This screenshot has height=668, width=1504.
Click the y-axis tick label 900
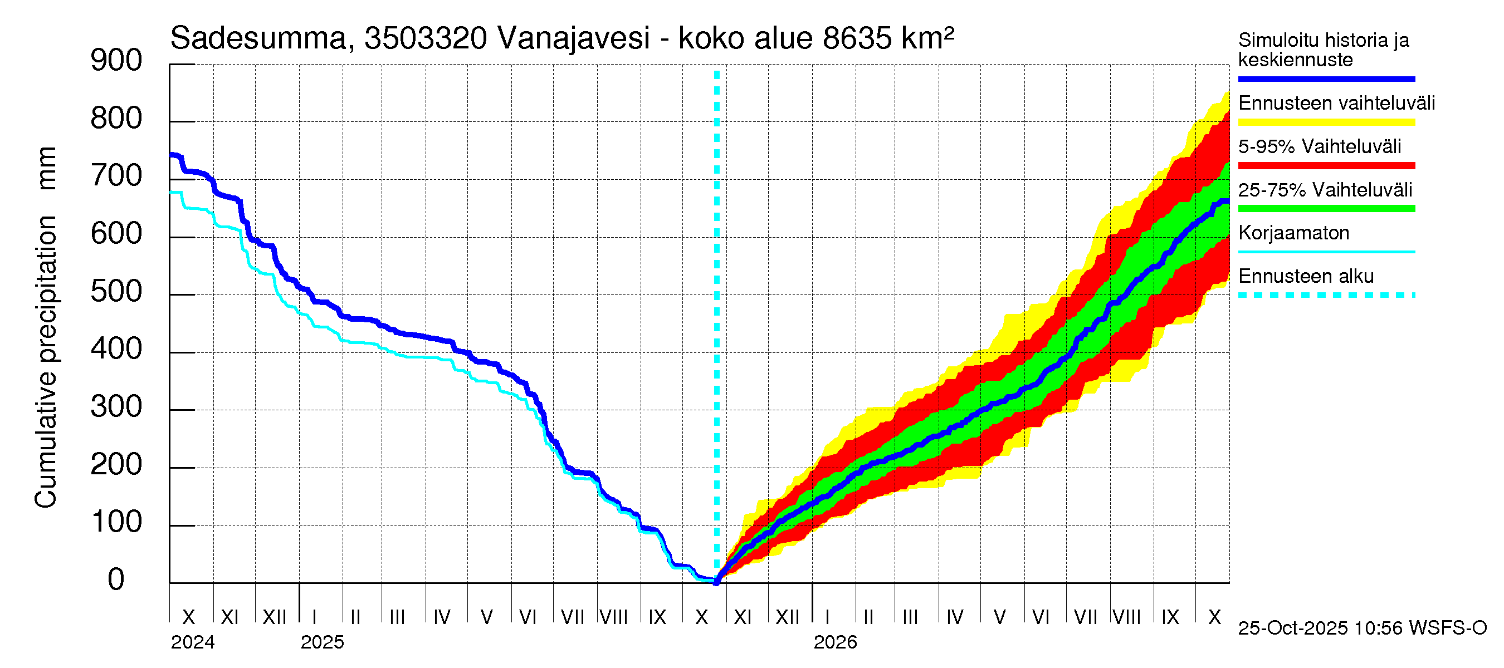(x=116, y=61)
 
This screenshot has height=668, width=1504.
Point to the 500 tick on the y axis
(x=116, y=292)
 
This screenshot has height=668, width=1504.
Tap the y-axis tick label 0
(x=116, y=580)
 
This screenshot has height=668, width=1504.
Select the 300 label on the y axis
(x=116, y=407)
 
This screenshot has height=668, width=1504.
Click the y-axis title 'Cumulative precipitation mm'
(x=46, y=327)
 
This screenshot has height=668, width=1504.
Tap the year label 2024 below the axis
(x=193, y=642)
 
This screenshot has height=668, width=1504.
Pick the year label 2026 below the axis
(x=835, y=642)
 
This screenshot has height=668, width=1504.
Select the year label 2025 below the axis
(x=323, y=642)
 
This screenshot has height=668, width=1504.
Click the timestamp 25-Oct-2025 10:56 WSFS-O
(x=1362, y=628)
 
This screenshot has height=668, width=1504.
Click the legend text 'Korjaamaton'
(x=1293, y=233)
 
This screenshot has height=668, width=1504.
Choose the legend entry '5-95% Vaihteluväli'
(x=1319, y=146)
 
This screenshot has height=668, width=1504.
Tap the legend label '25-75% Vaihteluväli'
(x=1325, y=190)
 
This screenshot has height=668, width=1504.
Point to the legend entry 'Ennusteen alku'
(x=1306, y=277)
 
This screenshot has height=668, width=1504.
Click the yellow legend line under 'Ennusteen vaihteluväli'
(x=1326, y=122)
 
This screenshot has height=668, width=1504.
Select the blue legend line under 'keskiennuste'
(x=1326, y=78)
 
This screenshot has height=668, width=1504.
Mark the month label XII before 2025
(x=275, y=617)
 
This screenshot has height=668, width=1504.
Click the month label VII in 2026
(x=1085, y=617)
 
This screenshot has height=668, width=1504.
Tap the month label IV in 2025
(x=442, y=617)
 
